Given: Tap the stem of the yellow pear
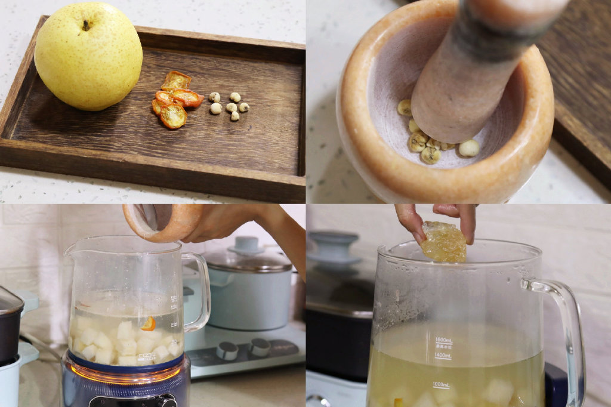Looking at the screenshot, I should click(87, 24).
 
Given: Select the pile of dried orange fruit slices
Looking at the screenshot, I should click(175, 99).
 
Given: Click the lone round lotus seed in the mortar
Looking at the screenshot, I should click(469, 148).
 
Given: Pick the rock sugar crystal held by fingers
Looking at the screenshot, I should click(443, 242).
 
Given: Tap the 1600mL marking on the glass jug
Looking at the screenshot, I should click(443, 341).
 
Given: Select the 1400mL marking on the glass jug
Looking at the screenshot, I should click(442, 356).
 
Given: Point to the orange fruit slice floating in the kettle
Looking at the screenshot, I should click(148, 323).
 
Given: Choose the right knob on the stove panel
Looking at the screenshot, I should click(260, 347).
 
